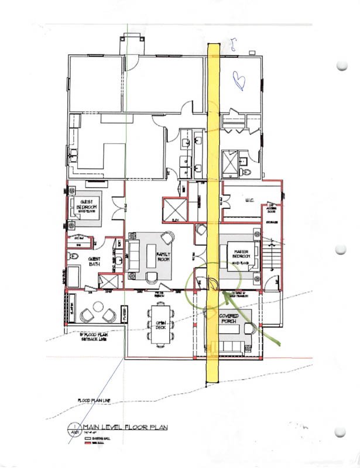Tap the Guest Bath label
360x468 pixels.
tap(95, 261)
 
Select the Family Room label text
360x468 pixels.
tap(162, 256)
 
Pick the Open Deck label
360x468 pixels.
tap(161, 326)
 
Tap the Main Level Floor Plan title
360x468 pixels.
tap(125, 428)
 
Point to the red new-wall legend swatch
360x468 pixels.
tap(89, 443)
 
